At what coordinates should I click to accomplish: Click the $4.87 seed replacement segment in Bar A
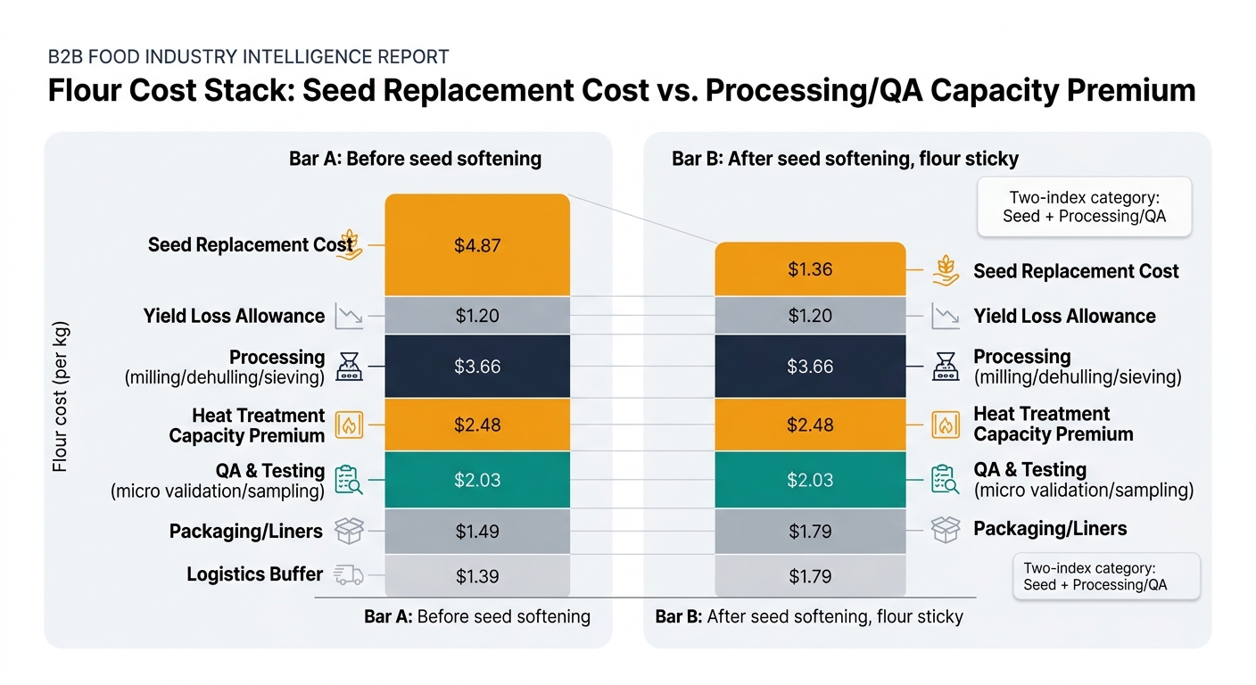click(x=477, y=245)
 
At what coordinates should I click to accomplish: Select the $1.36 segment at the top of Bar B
click(x=810, y=269)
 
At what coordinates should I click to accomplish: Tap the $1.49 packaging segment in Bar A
click(x=477, y=532)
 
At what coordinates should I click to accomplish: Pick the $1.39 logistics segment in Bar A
click(x=477, y=576)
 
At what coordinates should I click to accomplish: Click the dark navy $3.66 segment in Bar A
click(x=477, y=367)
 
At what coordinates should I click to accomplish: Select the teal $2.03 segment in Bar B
click(x=810, y=480)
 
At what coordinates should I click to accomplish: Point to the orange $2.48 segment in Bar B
click(x=810, y=425)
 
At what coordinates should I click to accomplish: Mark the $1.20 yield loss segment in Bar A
click(x=477, y=316)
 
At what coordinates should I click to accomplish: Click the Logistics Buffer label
click(x=254, y=574)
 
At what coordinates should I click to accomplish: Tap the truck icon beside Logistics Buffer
click(x=348, y=575)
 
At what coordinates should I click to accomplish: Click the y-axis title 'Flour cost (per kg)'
click(x=60, y=396)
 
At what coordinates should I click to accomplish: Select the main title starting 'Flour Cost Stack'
click(x=621, y=91)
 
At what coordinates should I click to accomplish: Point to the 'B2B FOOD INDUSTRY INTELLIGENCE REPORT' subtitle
click(x=248, y=57)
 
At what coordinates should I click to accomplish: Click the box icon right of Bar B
click(x=945, y=529)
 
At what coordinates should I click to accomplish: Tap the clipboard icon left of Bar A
click(x=348, y=480)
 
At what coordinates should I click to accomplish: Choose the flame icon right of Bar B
click(x=945, y=425)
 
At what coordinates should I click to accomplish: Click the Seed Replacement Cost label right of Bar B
click(x=1076, y=271)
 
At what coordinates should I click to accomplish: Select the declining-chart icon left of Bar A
click(x=348, y=316)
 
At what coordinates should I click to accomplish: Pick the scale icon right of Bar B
click(x=945, y=367)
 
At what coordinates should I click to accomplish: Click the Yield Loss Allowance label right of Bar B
click(x=1064, y=316)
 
